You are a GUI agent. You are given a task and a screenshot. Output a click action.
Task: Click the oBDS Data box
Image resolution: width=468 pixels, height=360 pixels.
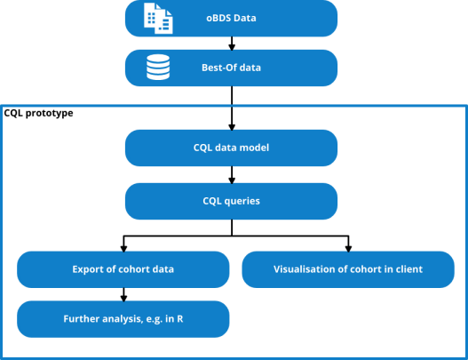231,19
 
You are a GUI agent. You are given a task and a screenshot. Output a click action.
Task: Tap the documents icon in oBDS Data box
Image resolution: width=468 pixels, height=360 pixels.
158,19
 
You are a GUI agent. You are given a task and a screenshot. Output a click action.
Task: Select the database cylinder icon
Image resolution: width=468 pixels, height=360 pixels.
158,68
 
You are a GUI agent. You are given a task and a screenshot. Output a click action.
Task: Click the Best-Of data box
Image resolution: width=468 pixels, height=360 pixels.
231,68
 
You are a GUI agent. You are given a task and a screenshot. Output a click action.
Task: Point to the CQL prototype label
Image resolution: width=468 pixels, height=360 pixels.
38,113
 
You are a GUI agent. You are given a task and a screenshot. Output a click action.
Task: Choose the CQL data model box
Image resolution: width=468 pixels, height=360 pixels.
231,148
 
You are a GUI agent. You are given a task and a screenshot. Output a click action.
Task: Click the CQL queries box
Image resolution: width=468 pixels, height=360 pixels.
231,201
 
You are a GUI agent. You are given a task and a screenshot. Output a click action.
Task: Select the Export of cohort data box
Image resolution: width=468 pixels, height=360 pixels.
123,269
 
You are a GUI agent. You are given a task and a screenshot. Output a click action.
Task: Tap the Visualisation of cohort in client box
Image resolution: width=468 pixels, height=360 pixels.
348,269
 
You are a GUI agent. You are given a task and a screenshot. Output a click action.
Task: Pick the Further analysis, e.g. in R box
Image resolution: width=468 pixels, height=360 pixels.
123,319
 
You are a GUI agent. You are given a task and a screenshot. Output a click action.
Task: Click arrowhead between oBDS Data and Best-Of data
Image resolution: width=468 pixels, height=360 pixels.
232,47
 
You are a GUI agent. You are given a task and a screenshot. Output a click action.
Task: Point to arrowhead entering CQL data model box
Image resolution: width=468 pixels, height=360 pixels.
232,127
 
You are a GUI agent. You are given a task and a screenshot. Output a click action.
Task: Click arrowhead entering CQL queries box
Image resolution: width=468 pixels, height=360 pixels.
232,180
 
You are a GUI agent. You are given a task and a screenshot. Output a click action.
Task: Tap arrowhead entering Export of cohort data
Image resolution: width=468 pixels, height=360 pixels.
123,249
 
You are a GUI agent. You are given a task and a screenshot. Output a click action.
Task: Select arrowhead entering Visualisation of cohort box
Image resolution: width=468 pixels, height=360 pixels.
348,249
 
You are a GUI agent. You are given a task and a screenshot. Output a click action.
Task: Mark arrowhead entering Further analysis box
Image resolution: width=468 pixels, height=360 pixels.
123,298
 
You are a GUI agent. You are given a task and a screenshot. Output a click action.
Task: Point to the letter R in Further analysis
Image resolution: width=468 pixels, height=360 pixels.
180,319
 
